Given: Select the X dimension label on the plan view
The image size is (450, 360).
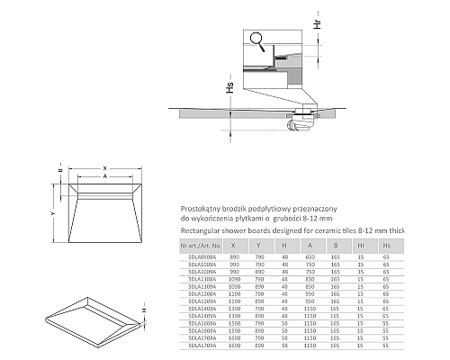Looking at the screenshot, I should click(104, 166).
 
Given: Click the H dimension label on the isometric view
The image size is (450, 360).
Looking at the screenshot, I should click(142, 310).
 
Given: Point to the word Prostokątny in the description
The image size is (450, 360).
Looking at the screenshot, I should click(202, 205).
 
